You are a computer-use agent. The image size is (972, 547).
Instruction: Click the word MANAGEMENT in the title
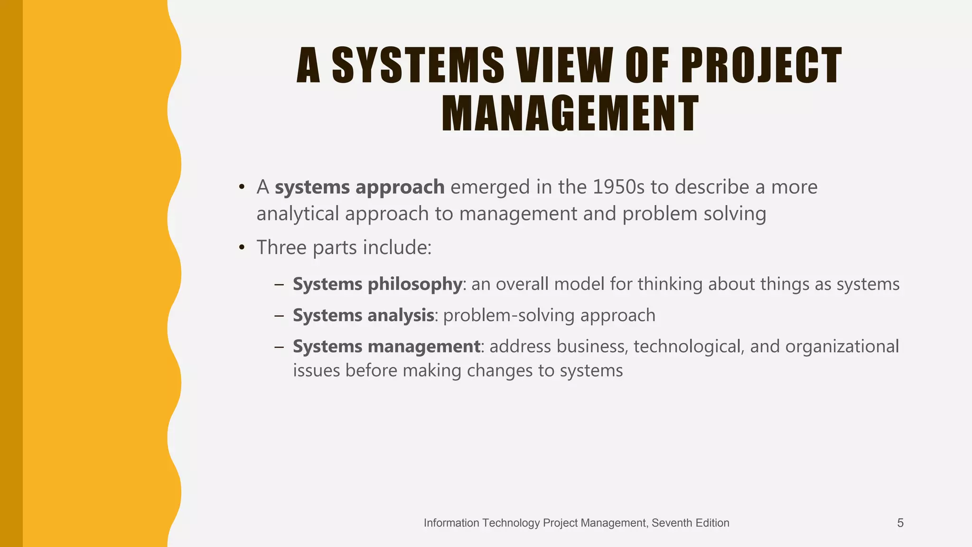[x=570, y=113]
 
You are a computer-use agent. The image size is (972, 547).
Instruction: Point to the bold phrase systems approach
[x=359, y=188]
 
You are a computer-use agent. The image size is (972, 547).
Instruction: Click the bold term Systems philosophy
[x=377, y=284]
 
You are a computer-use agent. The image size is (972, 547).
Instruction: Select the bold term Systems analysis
[x=363, y=316]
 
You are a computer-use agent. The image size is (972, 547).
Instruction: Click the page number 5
[x=900, y=523]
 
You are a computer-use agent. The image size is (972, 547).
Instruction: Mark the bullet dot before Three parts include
[x=242, y=248]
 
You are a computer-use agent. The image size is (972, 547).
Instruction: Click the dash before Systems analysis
[x=279, y=316]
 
